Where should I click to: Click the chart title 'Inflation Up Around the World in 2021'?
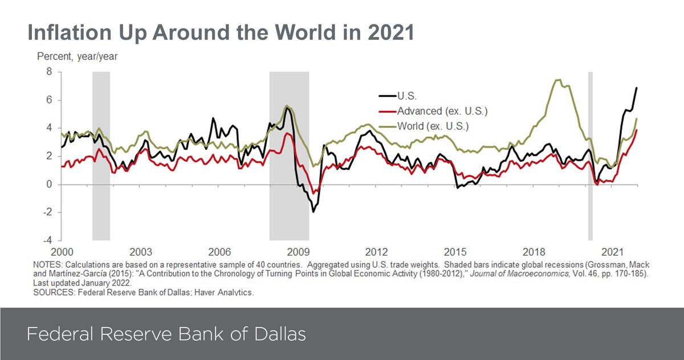(220, 32)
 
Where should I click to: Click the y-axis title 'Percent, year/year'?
(77, 57)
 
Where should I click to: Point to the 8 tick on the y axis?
(49, 72)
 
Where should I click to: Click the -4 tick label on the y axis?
(47, 240)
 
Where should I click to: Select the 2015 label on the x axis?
(455, 252)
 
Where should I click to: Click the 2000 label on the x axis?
(62, 252)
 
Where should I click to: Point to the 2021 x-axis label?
(613, 252)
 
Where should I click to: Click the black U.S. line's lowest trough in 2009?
(313, 212)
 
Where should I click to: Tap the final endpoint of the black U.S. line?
(636, 88)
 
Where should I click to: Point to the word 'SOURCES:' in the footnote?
(53, 292)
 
